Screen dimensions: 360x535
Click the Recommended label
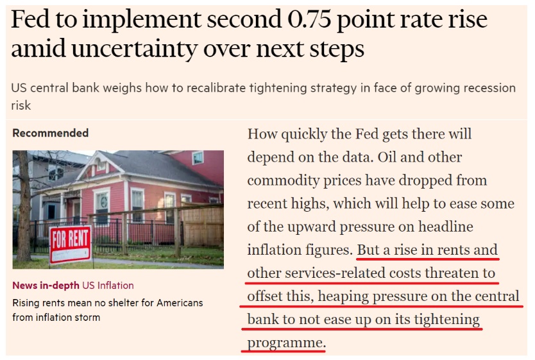[51, 133]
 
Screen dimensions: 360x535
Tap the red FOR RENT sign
[71, 243]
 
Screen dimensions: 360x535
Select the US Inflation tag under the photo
[108, 286]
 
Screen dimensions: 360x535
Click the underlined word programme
[285, 343]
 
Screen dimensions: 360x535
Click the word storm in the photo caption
[87, 317]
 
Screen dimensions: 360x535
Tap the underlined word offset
[267, 296]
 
